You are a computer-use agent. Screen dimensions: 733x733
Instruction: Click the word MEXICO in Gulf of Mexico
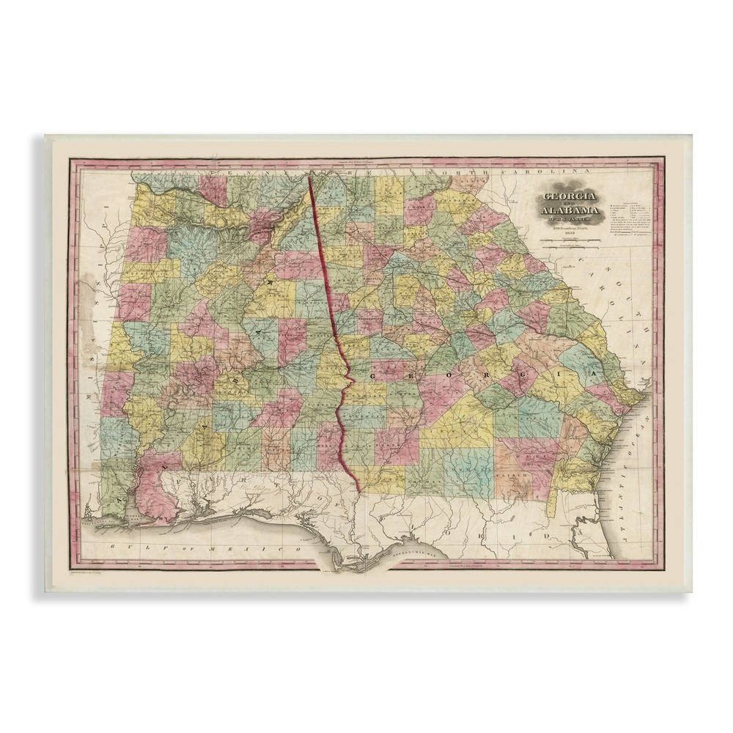tap(274, 548)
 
